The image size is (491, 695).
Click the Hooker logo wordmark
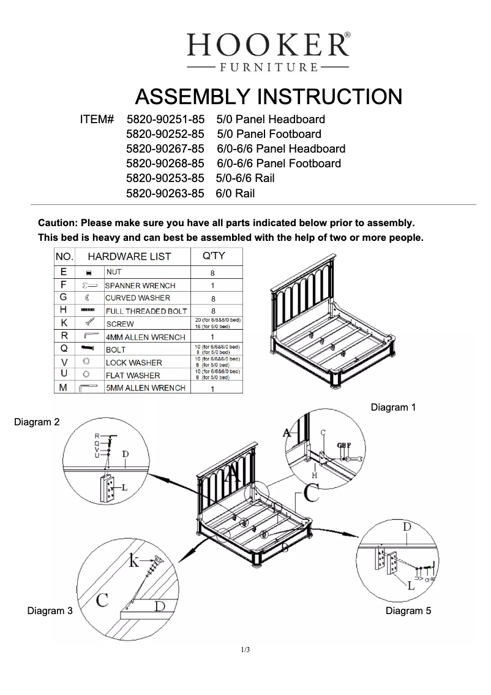pyautogui.click(x=268, y=44)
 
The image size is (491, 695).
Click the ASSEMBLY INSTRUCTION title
pyautogui.click(x=268, y=97)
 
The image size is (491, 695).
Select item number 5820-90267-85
pyautogui.click(x=165, y=149)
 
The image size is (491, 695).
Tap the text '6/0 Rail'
pyautogui.click(x=235, y=194)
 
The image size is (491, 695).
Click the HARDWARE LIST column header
pyautogui.click(x=129, y=256)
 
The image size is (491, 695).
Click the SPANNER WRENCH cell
pyautogui.click(x=140, y=286)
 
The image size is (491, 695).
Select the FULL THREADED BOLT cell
pyautogui.click(x=146, y=311)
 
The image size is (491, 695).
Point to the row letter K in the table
pyautogui.click(x=64, y=323)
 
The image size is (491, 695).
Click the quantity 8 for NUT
pyautogui.click(x=212, y=273)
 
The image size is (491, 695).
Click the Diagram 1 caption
pyautogui.click(x=394, y=407)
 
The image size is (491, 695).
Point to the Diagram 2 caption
pyautogui.click(x=37, y=422)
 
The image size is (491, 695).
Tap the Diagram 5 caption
pyautogui.click(x=408, y=610)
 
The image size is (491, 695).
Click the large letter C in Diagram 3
pyautogui.click(x=103, y=600)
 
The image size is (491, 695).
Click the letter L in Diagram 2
pyautogui.click(x=124, y=488)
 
